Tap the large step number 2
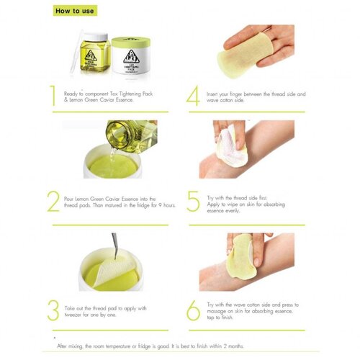[53, 201]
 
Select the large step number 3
[53, 309]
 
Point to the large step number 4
[193, 96]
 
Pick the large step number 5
[193, 201]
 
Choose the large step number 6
[193, 309]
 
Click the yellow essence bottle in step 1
[91, 57]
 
